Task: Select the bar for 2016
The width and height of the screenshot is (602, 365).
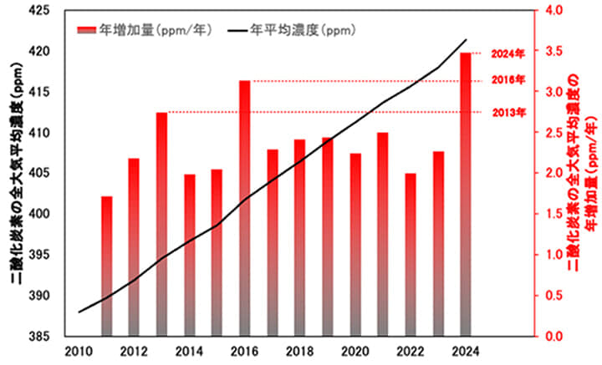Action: pyautogui.click(x=244, y=208)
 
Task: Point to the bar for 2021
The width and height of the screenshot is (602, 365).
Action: pyautogui.click(x=382, y=234)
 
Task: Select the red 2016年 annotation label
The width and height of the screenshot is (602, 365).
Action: pyautogui.click(x=508, y=81)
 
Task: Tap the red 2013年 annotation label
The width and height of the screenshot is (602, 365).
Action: pyautogui.click(x=508, y=112)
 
